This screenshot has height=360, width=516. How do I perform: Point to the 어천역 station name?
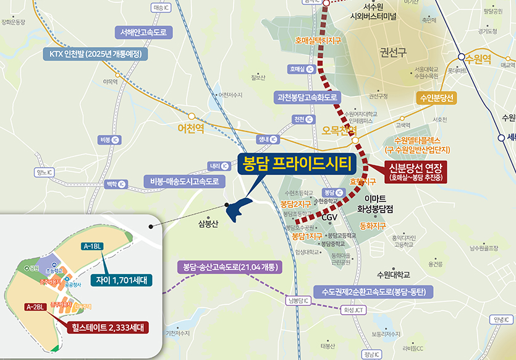click(194, 129)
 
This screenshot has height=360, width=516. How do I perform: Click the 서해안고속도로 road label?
click(145, 32)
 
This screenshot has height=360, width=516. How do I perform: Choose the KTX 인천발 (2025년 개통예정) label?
click(96, 54)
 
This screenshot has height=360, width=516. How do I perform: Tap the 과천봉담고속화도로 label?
click(308, 97)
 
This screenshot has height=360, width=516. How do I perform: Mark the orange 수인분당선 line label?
click(437, 98)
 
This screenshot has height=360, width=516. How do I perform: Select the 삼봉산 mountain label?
click(206, 224)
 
